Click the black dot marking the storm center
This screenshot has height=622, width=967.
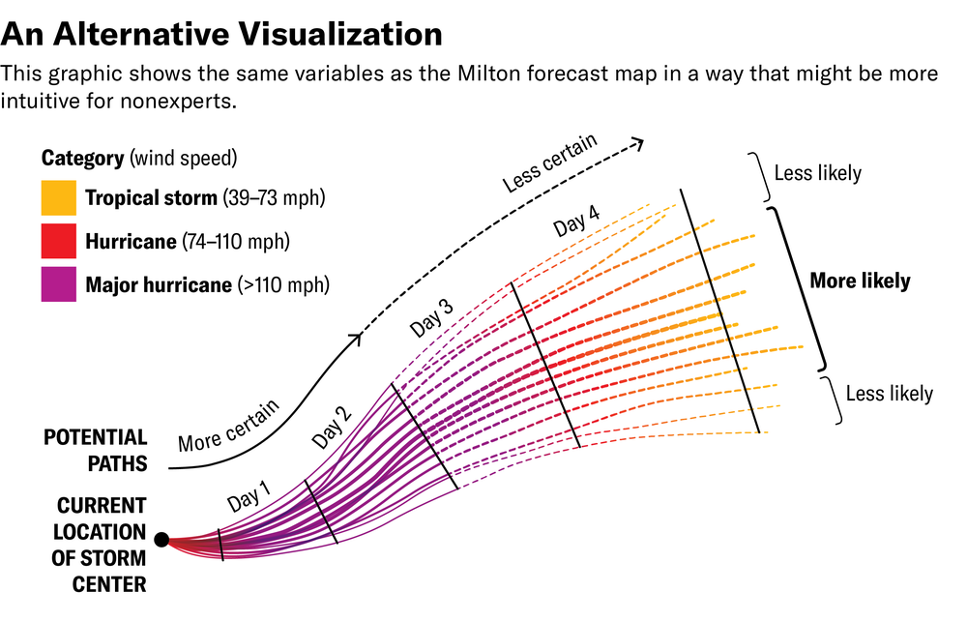point(161,540)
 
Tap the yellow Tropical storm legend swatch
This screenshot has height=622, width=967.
point(57,198)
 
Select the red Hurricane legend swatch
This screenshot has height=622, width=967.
point(57,241)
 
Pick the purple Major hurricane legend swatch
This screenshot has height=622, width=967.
point(57,284)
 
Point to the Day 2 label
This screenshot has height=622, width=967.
point(331,429)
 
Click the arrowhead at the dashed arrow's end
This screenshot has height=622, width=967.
point(637,145)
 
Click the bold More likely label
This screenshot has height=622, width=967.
point(860,281)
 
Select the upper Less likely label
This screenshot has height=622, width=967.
point(817,174)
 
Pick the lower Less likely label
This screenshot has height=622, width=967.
point(889,394)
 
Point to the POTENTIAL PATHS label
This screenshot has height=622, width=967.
point(95,451)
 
